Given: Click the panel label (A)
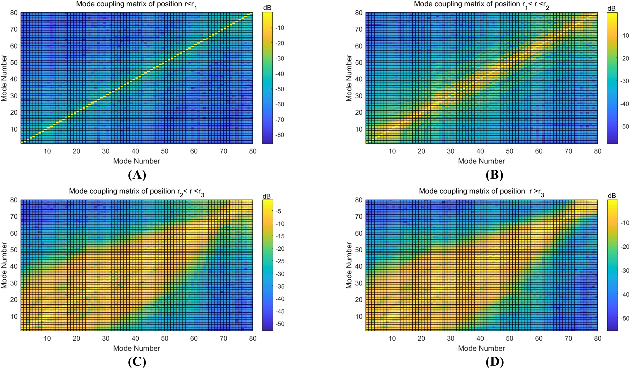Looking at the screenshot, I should (137, 175).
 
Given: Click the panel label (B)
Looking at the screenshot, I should (494, 175).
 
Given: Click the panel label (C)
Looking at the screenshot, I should (137, 362).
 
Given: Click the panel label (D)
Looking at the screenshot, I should (494, 362).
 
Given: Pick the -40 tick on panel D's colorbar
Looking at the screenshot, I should (624, 294).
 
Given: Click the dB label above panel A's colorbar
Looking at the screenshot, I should (267, 8).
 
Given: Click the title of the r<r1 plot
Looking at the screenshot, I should (136, 5).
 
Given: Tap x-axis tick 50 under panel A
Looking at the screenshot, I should (165, 151).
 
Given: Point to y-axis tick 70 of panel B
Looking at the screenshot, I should (359, 29).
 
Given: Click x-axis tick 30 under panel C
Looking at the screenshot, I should (106, 338).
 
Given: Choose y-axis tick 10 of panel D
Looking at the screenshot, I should (359, 316).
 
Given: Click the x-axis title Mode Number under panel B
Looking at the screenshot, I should (481, 161).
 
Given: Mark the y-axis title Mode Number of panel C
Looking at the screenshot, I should (4, 265).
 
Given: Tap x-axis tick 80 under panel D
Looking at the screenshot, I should (597, 338).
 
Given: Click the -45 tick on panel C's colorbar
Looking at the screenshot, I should (279, 311).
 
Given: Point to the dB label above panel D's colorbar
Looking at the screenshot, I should (612, 196).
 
